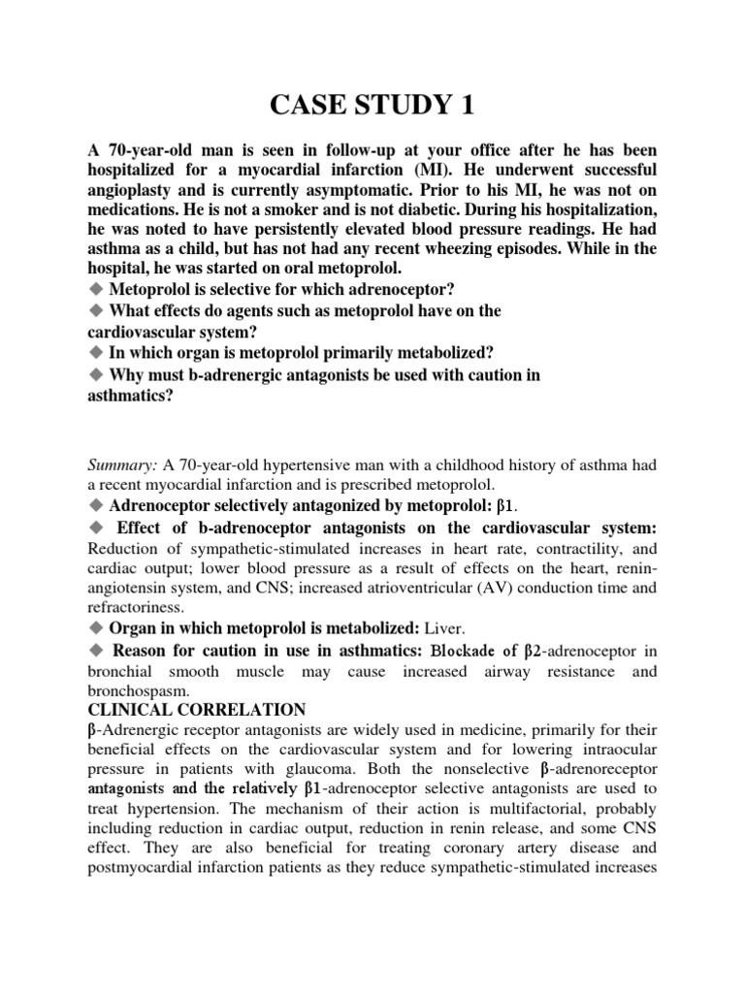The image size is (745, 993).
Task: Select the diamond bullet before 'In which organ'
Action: click(x=96, y=353)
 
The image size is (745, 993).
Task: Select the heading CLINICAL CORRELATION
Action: click(x=198, y=709)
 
